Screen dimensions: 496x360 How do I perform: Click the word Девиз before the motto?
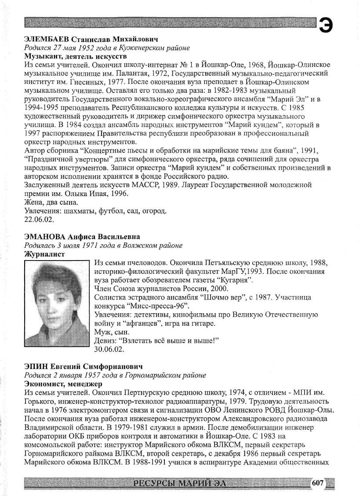coord(104,341)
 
